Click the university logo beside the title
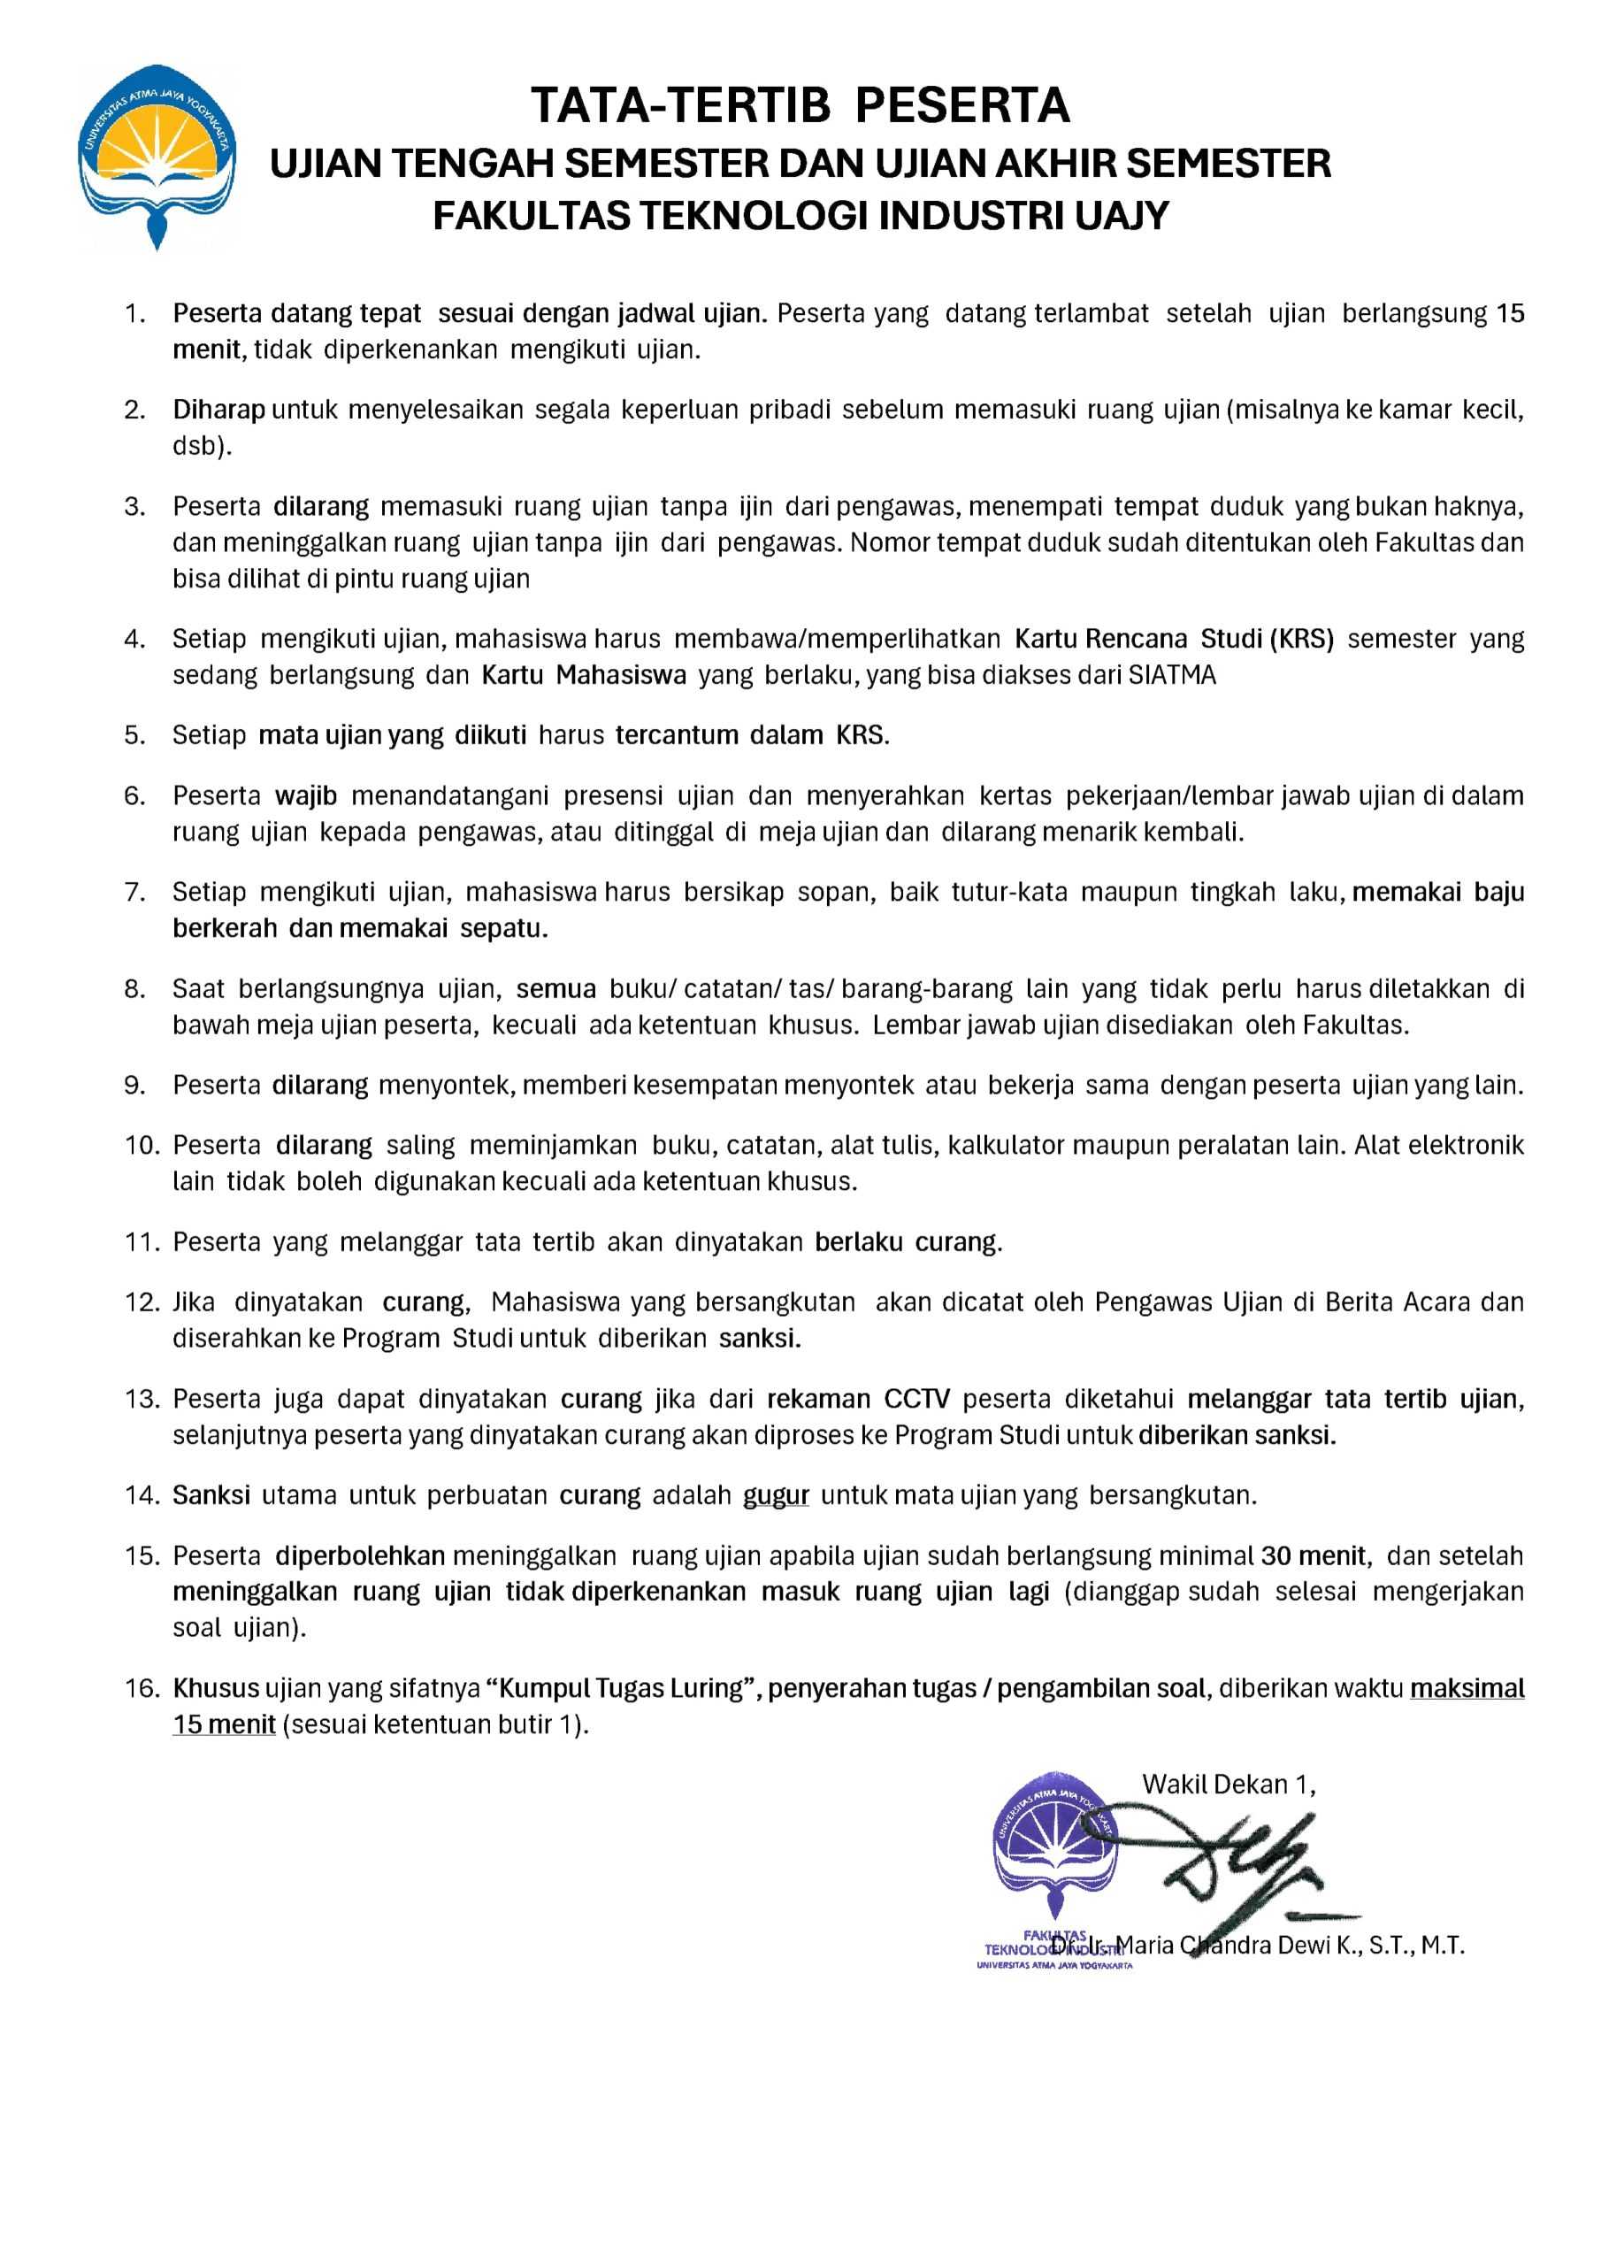point(157,156)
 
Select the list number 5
point(134,735)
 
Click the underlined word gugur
point(776,1495)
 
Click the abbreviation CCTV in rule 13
point(916,1399)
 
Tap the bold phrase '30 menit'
point(1316,1555)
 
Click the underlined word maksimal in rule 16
point(1467,1688)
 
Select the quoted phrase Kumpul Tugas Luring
point(622,1688)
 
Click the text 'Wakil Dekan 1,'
point(1228,1784)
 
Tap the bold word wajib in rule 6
point(306,795)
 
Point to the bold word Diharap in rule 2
point(219,410)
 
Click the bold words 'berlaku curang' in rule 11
point(908,1241)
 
